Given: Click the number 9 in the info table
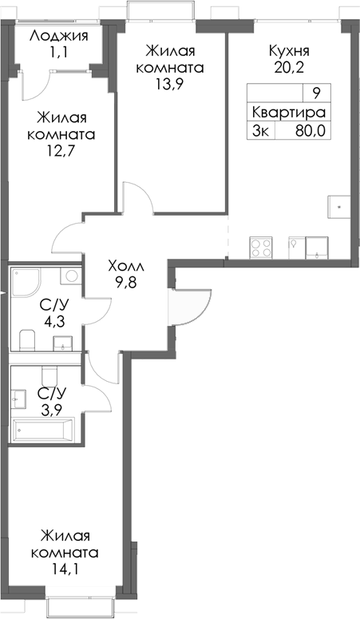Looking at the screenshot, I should [x=316, y=93].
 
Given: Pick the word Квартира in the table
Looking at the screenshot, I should [x=287, y=112].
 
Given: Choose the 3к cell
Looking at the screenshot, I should [x=260, y=131].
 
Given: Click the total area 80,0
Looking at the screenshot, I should [x=310, y=131].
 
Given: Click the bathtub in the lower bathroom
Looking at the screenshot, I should [x=45, y=431].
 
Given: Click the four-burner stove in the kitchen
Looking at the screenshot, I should [x=261, y=247].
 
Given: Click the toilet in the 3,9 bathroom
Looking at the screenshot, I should [x=49, y=376].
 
